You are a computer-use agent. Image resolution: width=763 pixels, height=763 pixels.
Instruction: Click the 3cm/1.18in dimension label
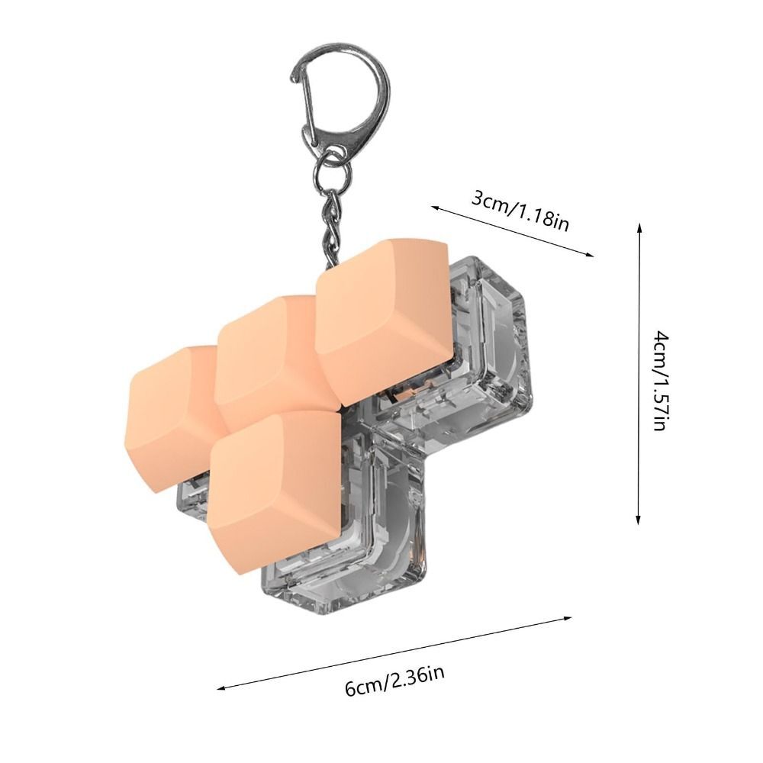click(x=520, y=211)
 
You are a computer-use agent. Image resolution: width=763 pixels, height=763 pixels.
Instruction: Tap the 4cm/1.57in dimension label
click(x=660, y=381)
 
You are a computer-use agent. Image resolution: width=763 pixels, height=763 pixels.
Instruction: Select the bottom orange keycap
click(x=275, y=491)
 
